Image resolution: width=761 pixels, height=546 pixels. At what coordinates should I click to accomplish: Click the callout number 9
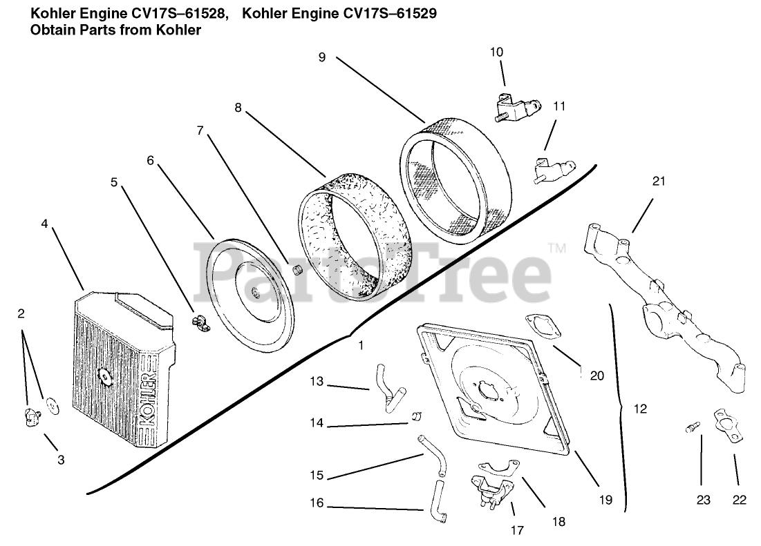point(322,57)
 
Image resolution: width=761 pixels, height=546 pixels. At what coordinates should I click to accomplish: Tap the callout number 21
point(658,182)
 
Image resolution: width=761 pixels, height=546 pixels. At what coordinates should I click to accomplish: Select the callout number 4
point(44,224)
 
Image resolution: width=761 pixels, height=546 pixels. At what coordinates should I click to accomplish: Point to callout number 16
point(316,503)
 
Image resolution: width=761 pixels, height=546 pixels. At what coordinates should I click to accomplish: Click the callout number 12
point(640,409)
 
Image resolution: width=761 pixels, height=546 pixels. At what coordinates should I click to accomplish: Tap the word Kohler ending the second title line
point(180,31)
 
